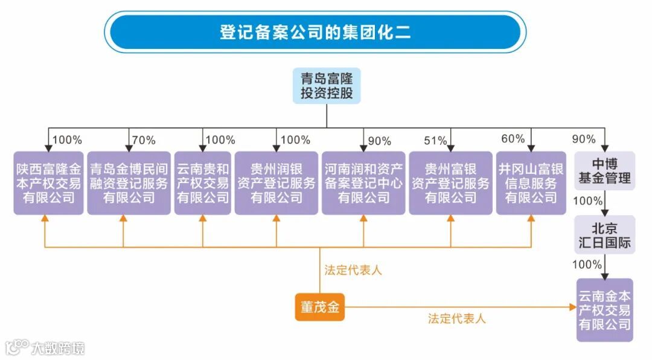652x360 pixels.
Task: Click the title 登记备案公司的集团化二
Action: pyautogui.click(x=315, y=32)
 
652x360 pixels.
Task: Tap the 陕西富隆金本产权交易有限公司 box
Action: pyautogui.click(x=48, y=183)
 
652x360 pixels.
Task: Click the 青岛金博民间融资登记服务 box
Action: pyautogui.click(x=129, y=183)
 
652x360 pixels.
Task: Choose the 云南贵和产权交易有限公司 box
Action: pyautogui.click(x=203, y=183)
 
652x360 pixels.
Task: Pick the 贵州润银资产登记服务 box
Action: pyautogui.click(x=276, y=183)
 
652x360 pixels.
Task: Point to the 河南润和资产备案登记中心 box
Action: pyautogui.click(x=363, y=183)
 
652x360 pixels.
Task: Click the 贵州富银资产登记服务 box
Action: pyautogui.click(x=450, y=183)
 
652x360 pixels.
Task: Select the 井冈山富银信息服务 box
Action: pyautogui.click(x=531, y=183)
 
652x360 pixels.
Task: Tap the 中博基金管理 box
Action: pyautogui.click(x=604, y=171)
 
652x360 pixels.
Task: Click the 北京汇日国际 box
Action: pyautogui.click(x=604, y=235)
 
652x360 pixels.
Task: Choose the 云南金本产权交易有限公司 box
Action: pyautogui.click(x=604, y=310)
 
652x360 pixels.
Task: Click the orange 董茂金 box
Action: pyautogui.click(x=320, y=307)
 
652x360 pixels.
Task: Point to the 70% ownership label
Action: pyautogui.click(x=143, y=141)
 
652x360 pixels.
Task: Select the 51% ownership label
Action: pyautogui.click(x=435, y=141)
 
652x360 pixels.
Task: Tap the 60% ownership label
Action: pyautogui.click(x=513, y=139)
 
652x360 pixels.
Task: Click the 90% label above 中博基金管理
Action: pyautogui.click(x=584, y=139)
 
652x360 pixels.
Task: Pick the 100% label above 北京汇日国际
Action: pyautogui.click(x=587, y=201)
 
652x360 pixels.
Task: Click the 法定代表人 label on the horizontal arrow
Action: pyautogui.click(x=457, y=318)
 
